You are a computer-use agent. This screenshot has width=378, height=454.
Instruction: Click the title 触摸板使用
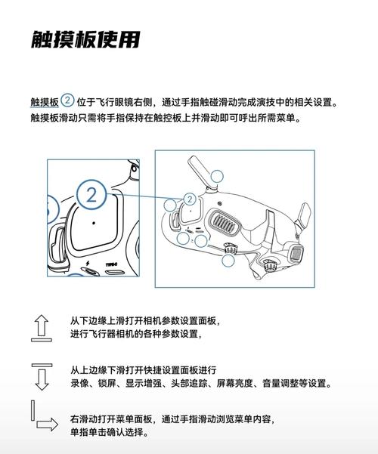(x=85, y=39)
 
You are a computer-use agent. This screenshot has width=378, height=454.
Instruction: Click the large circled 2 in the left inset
(x=92, y=195)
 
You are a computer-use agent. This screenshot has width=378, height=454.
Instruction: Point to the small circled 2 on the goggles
(x=191, y=199)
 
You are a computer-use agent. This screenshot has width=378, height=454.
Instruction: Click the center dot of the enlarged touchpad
(x=92, y=224)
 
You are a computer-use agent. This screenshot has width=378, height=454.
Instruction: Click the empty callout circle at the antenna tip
(x=218, y=179)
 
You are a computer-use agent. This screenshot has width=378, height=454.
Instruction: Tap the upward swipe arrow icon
(x=42, y=326)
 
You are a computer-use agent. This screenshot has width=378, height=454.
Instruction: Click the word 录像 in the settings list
(x=79, y=384)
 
